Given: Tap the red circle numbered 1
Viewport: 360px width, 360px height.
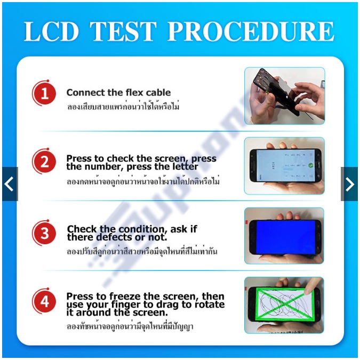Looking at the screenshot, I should (44, 95).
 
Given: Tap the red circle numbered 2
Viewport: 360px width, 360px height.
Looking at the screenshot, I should (44, 161).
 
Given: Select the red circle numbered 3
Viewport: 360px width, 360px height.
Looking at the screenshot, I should (44, 234).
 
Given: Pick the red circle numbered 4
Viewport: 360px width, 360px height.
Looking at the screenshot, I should (44, 302).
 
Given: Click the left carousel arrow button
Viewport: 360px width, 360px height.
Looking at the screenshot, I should (10, 184).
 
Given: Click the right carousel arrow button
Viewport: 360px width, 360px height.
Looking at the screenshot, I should (349, 184).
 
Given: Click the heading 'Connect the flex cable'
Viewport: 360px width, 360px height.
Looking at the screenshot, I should (118, 93).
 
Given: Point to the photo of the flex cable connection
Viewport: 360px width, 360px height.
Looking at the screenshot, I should (284, 96).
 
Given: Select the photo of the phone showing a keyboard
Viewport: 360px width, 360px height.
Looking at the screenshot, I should (284, 166).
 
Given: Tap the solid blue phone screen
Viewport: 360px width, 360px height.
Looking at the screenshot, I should (284, 236).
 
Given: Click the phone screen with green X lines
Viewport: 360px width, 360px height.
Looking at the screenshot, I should (284, 304).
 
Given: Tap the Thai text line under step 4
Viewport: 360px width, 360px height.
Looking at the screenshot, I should (130, 326).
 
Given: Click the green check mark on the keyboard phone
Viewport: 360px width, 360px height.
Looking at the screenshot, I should (310, 165).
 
